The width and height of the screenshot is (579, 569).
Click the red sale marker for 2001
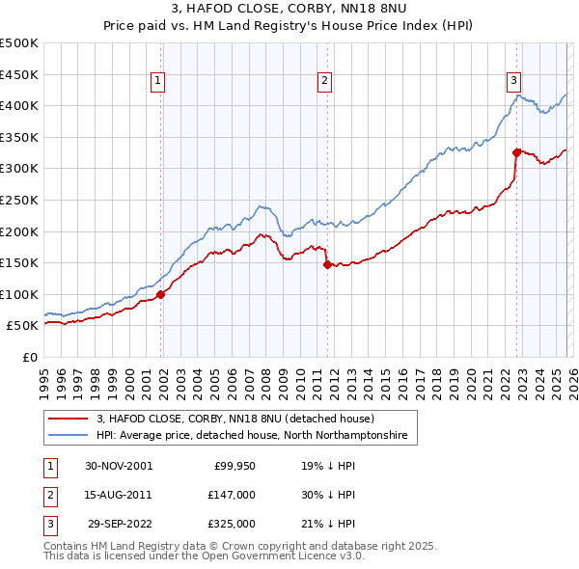point(161,295)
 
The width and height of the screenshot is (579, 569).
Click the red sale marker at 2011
point(327,264)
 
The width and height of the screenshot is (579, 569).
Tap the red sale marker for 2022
point(517,151)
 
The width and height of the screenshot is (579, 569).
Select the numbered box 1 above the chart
point(157,81)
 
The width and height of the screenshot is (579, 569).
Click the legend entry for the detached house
point(241,420)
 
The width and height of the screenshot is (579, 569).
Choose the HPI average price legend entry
point(252,436)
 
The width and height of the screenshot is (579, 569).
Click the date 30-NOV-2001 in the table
point(119,466)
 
